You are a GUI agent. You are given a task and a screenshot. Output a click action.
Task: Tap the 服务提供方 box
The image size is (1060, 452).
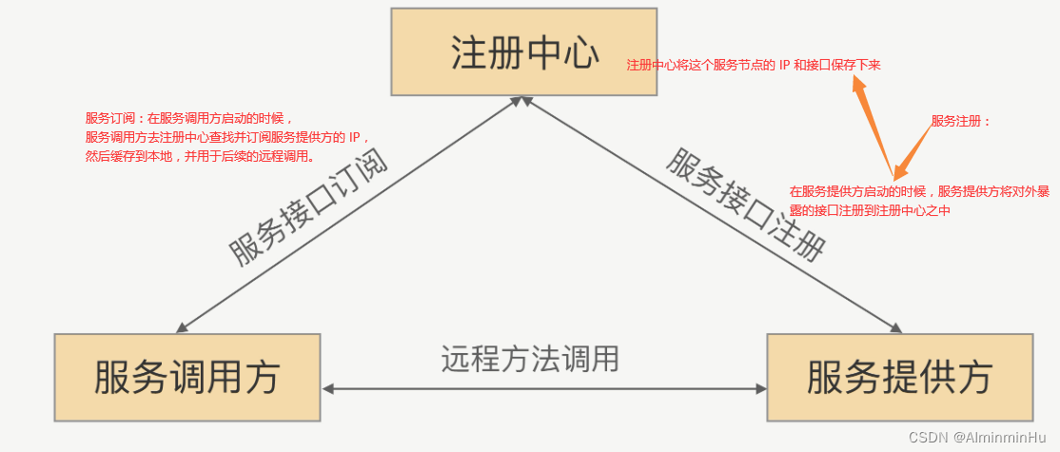coord(899,377)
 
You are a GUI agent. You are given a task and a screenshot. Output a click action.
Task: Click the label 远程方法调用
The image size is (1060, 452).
coord(530,359)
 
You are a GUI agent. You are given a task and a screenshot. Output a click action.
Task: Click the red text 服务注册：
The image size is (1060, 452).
coord(961,121)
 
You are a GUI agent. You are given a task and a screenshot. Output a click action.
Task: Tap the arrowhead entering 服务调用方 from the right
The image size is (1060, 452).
coord(329,389)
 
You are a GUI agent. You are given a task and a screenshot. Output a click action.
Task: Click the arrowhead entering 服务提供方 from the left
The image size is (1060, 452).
coord(760,389)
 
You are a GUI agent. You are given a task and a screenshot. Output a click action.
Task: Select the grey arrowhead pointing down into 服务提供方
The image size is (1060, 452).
coord(895,326)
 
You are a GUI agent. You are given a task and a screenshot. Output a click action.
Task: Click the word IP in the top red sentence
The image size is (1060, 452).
coord(785,65)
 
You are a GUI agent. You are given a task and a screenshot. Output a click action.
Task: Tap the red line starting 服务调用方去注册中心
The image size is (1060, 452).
coord(226,137)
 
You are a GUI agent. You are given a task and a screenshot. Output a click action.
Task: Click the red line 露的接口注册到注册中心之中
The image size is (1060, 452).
coord(870,210)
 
